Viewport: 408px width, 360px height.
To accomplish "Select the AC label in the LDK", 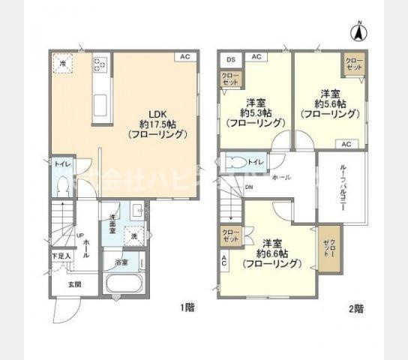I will pyautogui.click(x=184, y=57).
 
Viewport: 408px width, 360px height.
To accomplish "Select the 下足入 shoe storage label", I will pyautogui.click(x=61, y=256).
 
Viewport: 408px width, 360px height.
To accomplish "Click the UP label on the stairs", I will pyautogui.click(x=79, y=234).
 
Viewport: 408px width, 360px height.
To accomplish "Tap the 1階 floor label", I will pyautogui.click(x=187, y=307).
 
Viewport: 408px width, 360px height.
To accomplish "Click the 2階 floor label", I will pyautogui.click(x=355, y=307).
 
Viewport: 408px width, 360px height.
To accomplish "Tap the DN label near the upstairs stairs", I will pyautogui.click(x=248, y=187).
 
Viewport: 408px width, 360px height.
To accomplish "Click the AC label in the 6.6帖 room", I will pyautogui.click(x=223, y=262).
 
